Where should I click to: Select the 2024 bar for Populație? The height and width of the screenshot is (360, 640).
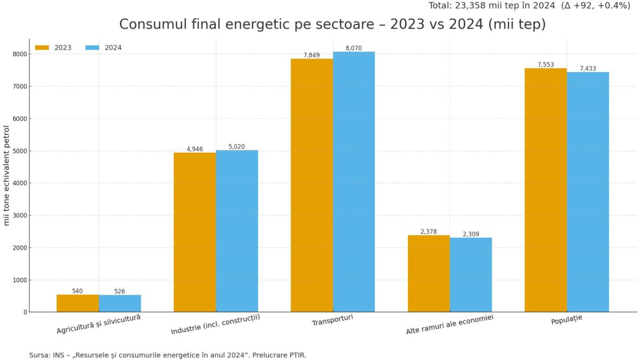(588, 192)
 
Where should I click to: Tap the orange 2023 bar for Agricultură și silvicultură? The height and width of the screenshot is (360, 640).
(77, 303)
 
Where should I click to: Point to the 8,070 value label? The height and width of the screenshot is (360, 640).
(354, 48)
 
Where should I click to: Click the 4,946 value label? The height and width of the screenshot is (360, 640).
(195, 149)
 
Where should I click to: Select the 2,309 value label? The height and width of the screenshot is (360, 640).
(471, 234)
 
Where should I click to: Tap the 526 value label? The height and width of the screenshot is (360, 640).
(119, 291)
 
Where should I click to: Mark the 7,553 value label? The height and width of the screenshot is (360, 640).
(546, 65)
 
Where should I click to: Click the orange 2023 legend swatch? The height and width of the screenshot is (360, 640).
(42, 47)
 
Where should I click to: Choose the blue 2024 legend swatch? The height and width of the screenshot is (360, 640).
(92, 47)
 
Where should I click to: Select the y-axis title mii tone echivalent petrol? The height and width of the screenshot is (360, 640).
(7, 175)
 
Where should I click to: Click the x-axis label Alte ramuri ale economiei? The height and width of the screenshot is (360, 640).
(450, 324)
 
